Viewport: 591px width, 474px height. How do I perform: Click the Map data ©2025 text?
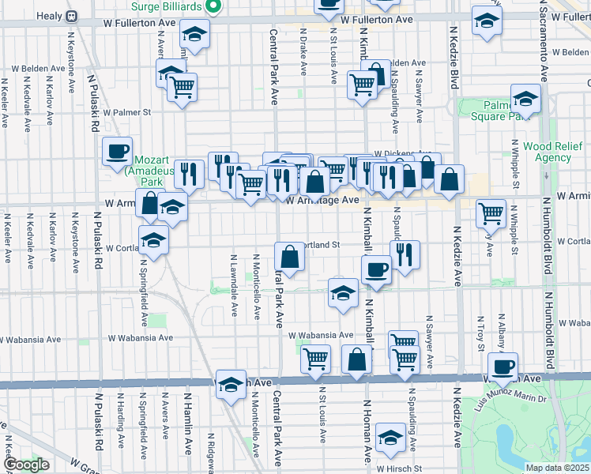click(558, 468)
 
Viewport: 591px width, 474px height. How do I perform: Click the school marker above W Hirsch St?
click(390, 436)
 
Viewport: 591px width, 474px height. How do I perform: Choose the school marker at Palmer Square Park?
click(525, 99)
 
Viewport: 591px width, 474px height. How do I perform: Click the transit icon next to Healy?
click(72, 16)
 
